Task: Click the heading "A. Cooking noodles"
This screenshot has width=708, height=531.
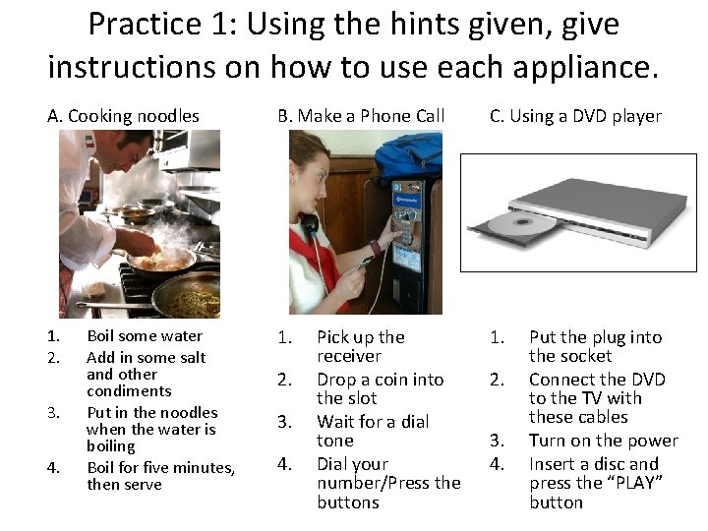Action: pyautogui.click(x=123, y=116)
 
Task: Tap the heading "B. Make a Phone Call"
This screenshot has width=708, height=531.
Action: pyautogui.click(x=361, y=116)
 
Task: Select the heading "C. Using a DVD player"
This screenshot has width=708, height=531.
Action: pyautogui.click(x=575, y=116)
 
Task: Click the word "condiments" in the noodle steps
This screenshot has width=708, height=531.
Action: pyautogui.click(x=129, y=391)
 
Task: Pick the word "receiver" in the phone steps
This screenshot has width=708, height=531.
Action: pyautogui.click(x=349, y=356)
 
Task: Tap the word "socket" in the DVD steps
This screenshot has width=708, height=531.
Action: pyautogui.click(x=588, y=356)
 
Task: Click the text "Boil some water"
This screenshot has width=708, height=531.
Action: pyautogui.click(x=145, y=336)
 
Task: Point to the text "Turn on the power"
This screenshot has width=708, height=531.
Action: pyautogui.click(x=604, y=441)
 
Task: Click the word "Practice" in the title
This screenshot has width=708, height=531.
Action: pyautogui.click(x=145, y=24)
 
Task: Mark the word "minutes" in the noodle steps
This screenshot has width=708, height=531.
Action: pyautogui.click(x=204, y=468)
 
